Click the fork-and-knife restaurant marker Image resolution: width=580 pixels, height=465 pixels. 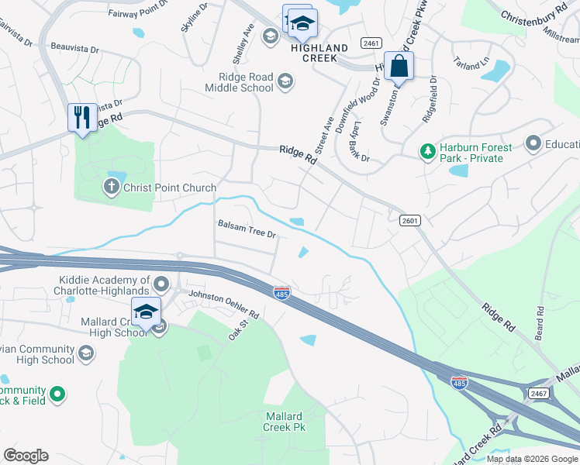click(x=82, y=118)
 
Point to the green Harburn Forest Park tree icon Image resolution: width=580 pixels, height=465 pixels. click(x=426, y=150)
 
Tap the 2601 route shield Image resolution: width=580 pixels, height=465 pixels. click(x=411, y=221)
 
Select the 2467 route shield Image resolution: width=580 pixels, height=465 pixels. click(x=540, y=394)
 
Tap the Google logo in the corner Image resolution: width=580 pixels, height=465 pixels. click(x=26, y=456)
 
